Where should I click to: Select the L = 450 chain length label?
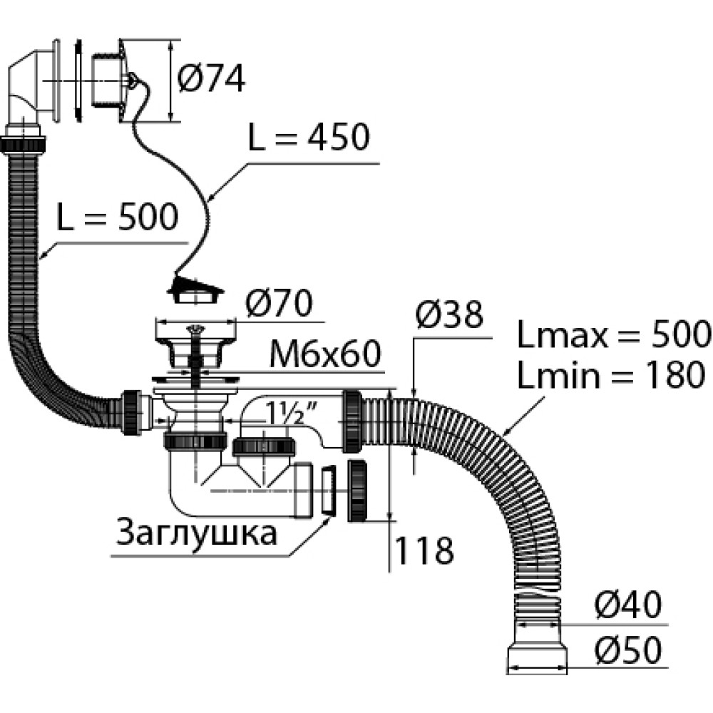coord(308,138)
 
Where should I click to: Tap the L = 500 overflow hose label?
coord(116,217)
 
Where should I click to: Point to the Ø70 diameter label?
coord(278,304)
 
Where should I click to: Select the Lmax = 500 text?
coord(614,334)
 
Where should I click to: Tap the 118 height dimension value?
coord(424,550)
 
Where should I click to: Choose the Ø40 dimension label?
coord(627,606)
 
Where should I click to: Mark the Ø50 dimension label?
coord(627,650)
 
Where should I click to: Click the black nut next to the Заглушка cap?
coord(358,492)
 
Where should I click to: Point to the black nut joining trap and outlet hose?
coord(354,421)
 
